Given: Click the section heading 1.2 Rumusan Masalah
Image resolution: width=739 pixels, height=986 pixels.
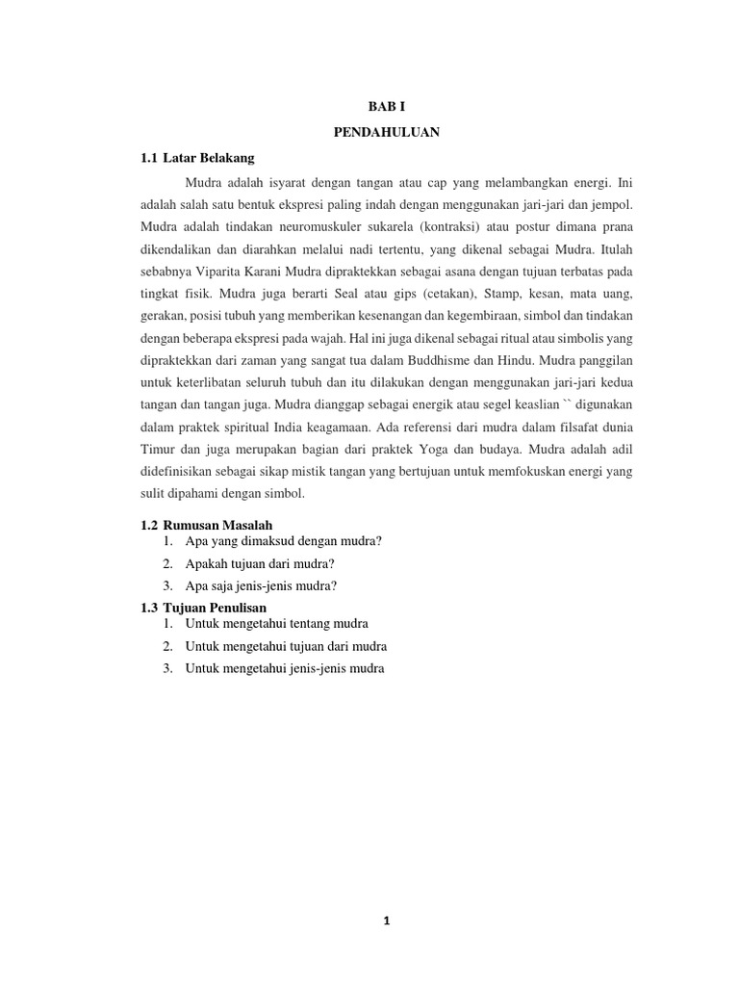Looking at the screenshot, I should pos(207,525).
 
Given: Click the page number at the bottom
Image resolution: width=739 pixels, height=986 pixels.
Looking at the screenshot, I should pos(386,921).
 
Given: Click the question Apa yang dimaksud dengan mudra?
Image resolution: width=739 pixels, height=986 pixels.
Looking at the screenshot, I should pos(284,541).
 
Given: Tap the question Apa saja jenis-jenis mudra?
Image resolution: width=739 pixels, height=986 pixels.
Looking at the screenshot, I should pos(262,585).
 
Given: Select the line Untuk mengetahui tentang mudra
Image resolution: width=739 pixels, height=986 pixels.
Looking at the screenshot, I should pos(277,624).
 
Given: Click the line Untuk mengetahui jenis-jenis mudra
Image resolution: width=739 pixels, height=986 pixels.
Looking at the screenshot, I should pos(285,668).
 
